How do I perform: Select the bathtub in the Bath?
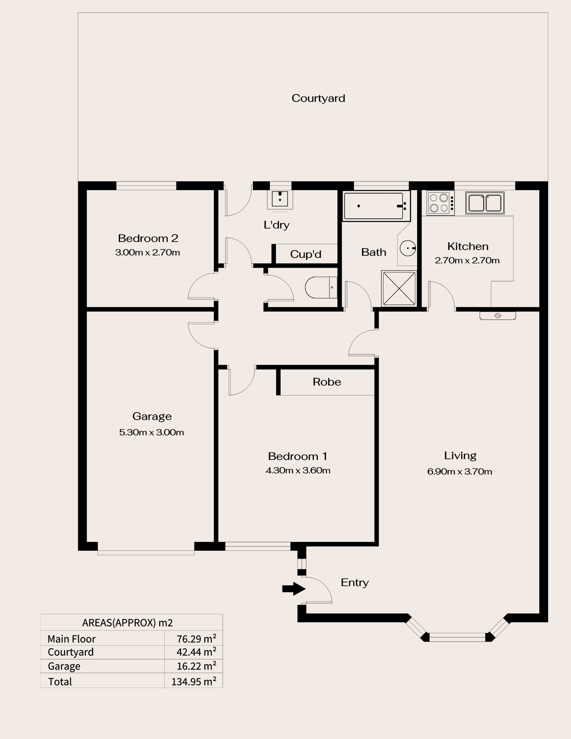click(x=376, y=206)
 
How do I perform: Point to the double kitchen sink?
click(x=485, y=203)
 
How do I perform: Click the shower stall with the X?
click(x=399, y=288)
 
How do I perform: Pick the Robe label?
click(x=327, y=382)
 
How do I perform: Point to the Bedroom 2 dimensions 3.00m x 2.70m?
click(x=148, y=252)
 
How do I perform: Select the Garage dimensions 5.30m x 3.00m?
click(x=152, y=432)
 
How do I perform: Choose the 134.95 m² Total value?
click(x=194, y=681)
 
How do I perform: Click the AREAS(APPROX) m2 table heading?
click(x=128, y=623)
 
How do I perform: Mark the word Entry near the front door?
click(x=354, y=583)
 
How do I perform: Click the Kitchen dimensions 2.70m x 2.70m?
click(x=467, y=260)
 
